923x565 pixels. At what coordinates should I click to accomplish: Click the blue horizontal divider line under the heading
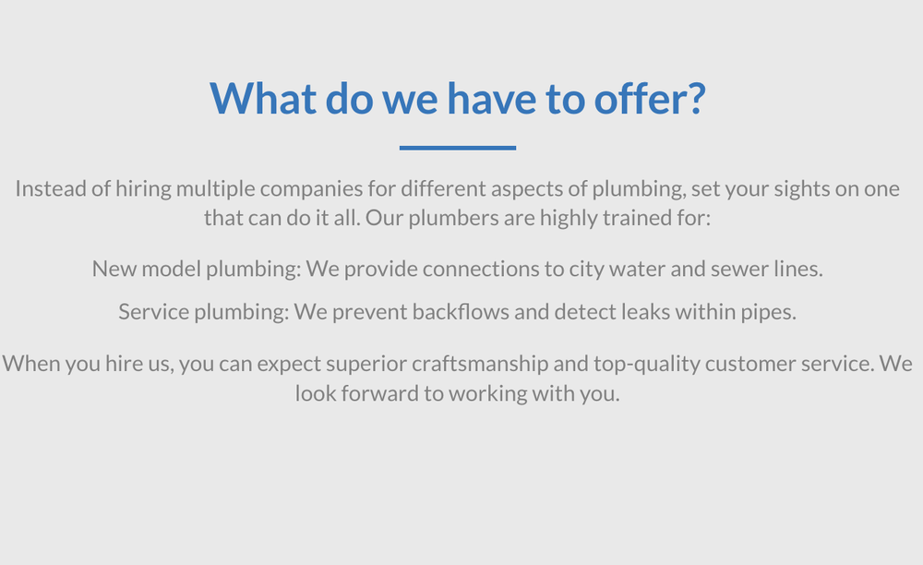coord(458,148)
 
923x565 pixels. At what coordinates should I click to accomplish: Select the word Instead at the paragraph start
coord(49,189)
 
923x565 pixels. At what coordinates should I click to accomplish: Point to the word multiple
coord(215,189)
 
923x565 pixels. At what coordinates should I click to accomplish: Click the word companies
coord(308,189)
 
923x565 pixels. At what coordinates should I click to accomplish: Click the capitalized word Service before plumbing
coord(153,312)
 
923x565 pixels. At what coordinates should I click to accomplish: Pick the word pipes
coord(768,312)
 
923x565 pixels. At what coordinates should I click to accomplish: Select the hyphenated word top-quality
coord(653,363)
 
